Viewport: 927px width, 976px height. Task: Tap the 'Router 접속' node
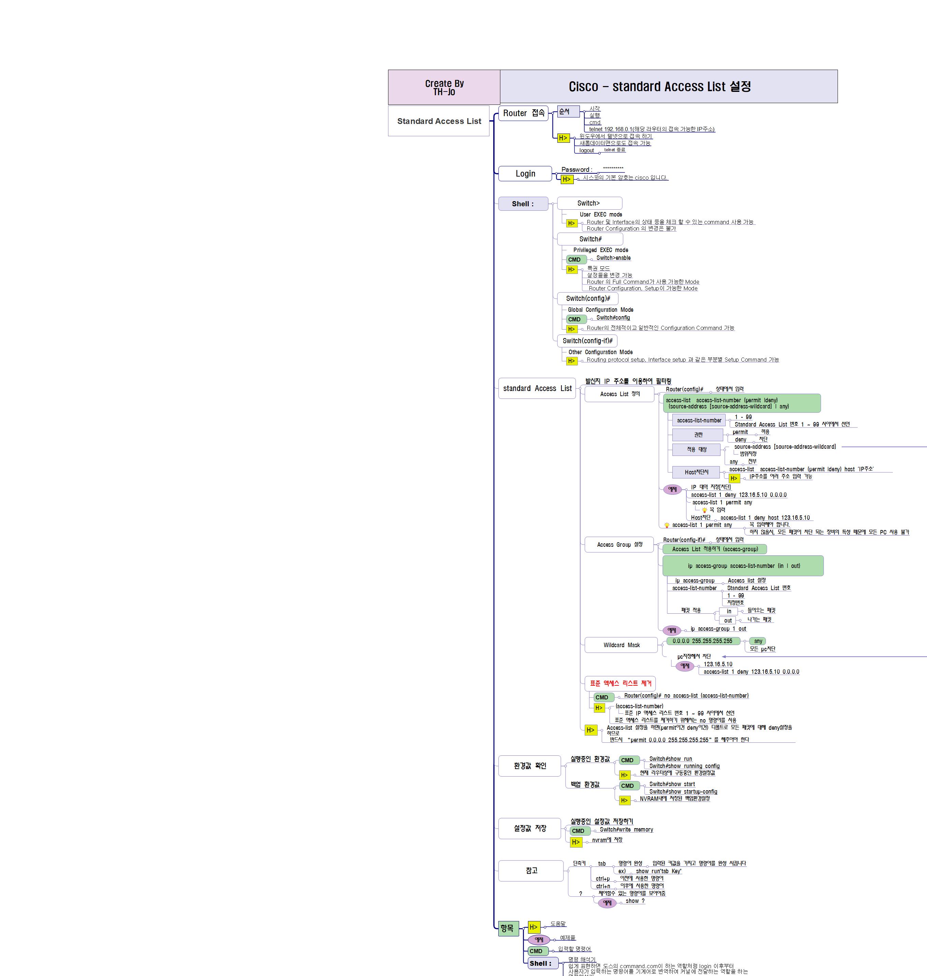click(x=523, y=113)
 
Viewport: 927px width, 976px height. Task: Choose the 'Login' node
click(x=525, y=173)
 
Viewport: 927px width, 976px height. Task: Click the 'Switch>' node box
click(x=589, y=203)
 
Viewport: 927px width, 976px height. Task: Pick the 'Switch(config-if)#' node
click(x=587, y=341)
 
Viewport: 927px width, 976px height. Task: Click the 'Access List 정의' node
click(x=619, y=394)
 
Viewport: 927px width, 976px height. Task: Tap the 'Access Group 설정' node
click(x=619, y=544)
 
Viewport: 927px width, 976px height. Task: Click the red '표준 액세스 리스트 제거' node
click(x=620, y=683)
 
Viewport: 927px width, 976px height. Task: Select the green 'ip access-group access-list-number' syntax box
click(x=743, y=566)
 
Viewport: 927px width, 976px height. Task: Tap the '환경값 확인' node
click(x=530, y=766)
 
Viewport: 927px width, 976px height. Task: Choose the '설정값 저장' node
click(x=530, y=828)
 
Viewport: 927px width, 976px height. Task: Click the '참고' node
click(x=531, y=871)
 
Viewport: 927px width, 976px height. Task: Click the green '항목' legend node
click(x=508, y=928)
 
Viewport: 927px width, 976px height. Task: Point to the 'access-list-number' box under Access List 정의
click(x=699, y=420)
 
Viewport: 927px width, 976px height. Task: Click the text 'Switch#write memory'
click(x=626, y=829)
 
